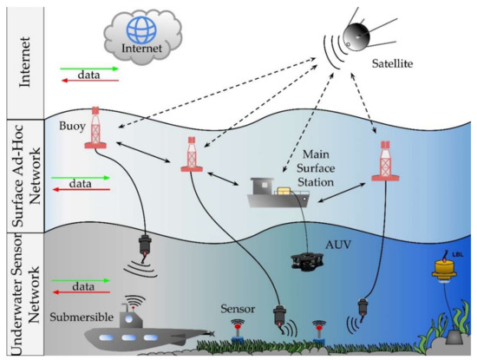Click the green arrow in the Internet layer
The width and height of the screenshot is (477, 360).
[85, 68]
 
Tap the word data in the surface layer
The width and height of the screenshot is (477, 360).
[80, 185]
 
